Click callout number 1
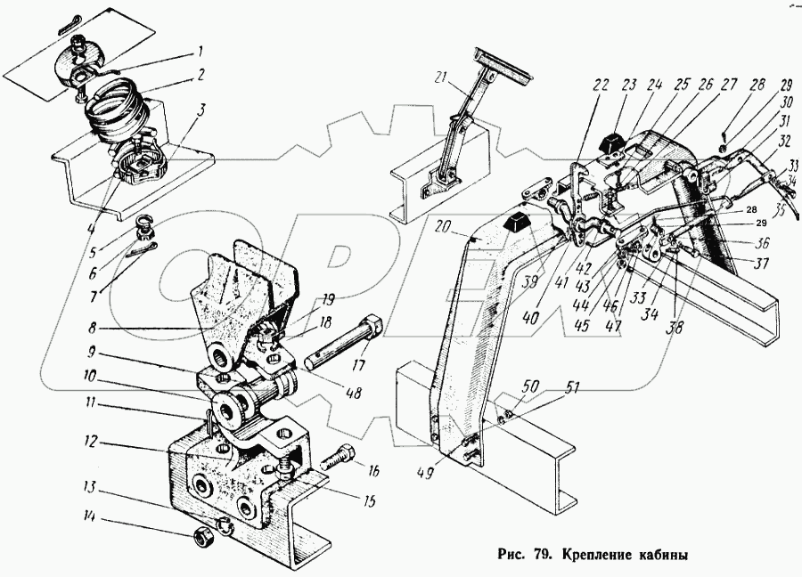[x=201, y=50]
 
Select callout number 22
[x=600, y=86]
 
